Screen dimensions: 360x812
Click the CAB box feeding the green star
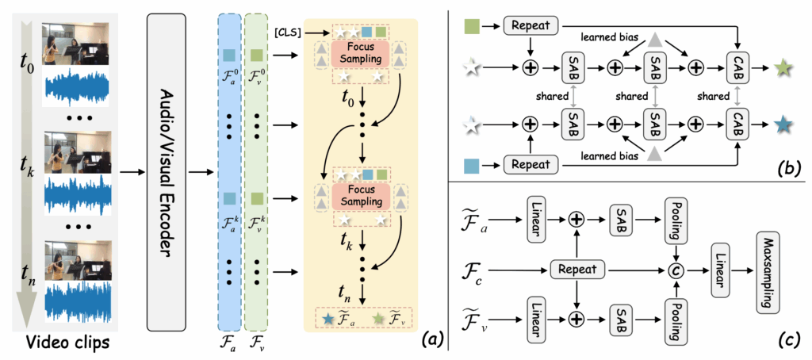tap(738, 66)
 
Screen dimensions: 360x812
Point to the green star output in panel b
tap(783, 66)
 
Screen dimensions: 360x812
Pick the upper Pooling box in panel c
tap(676, 225)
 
